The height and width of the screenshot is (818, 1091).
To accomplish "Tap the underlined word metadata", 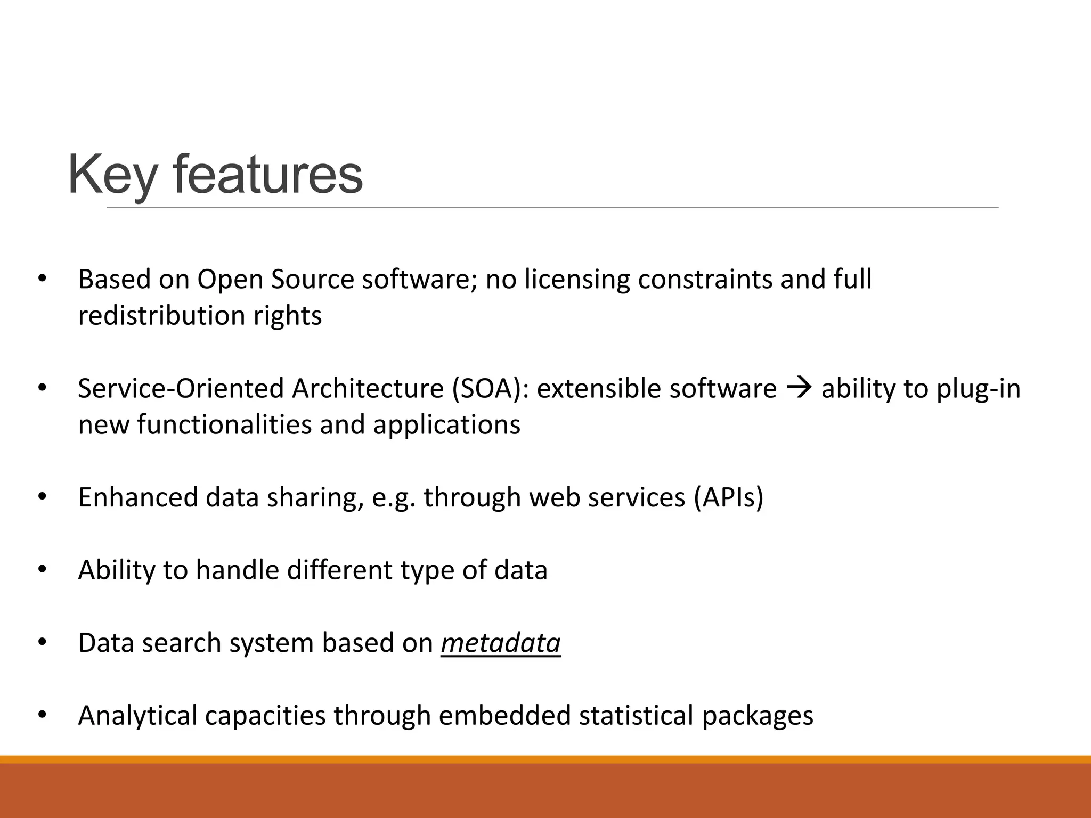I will click(500, 643).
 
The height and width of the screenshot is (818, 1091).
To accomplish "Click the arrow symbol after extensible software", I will click(799, 388).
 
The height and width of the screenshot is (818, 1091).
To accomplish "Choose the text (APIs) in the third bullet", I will click(728, 497).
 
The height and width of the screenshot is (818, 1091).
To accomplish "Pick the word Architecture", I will click(368, 389).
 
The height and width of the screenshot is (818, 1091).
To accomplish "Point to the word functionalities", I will click(224, 425).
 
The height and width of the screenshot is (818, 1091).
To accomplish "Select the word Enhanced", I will click(138, 497).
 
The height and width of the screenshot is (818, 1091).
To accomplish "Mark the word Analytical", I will click(137, 715).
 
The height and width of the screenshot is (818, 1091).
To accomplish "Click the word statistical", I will click(636, 715).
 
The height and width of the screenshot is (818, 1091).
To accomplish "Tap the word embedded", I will click(504, 715).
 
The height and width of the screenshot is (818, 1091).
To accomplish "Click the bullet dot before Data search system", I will click(43, 643).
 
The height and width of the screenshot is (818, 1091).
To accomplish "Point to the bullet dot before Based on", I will click(43, 280).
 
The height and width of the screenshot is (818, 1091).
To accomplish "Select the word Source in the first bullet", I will click(312, 280).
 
